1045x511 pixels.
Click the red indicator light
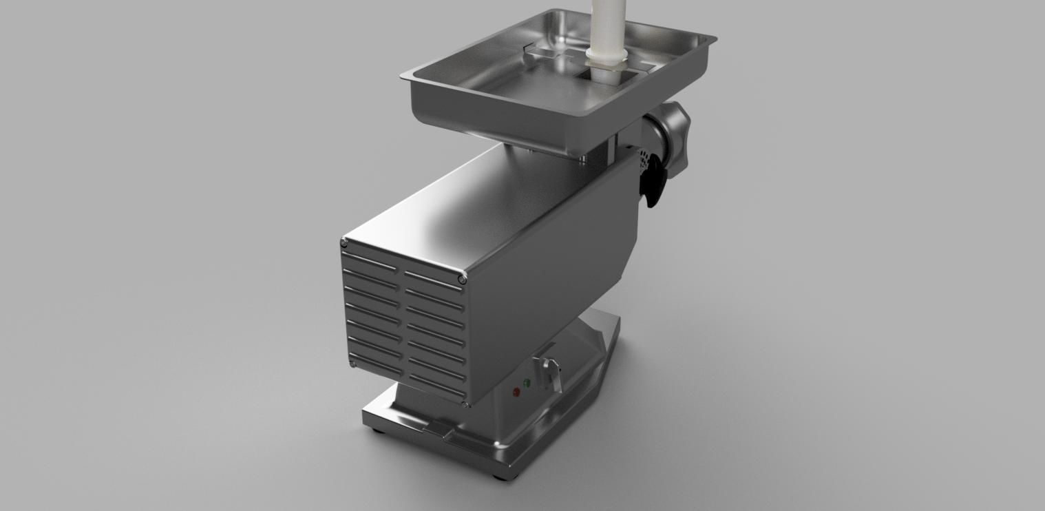click(x=516, y=392)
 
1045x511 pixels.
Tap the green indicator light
click(x=527, y=383)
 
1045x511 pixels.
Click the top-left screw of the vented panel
click(x=344, y=242)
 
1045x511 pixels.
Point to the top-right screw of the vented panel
click(x=462, y=280)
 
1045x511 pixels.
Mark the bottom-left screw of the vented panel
click(x=352, y=364)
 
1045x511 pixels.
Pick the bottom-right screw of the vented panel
click(x=467, y=404)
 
